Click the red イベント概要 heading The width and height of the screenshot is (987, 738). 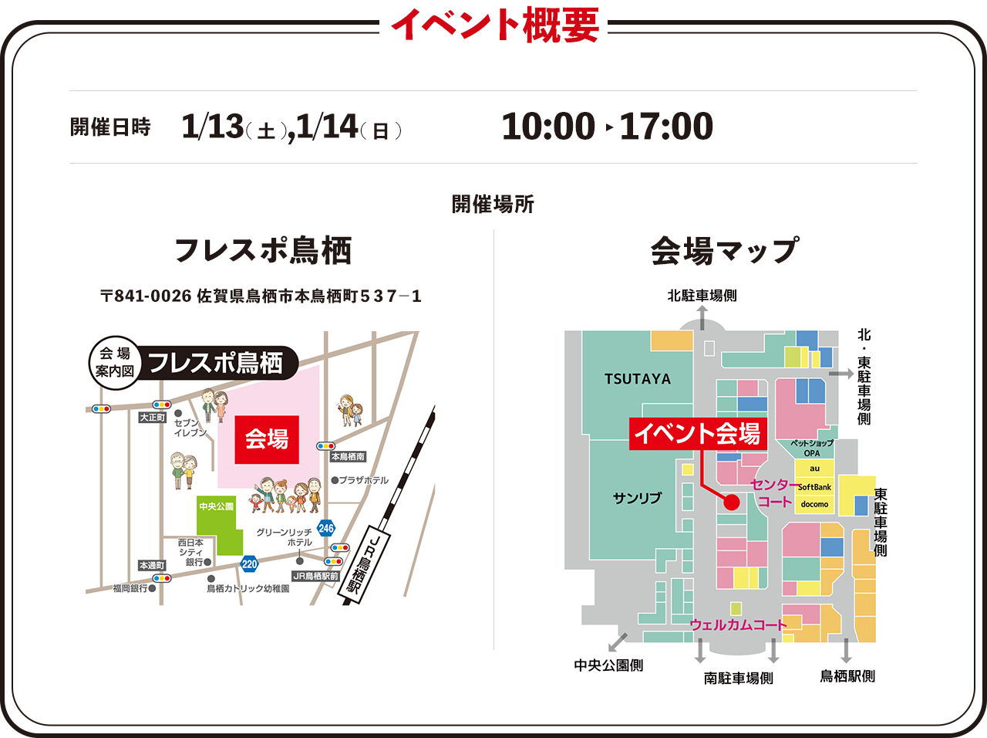pos(494,25)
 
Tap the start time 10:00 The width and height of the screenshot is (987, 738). pos(548,127)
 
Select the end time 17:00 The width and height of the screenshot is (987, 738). pos(666,127)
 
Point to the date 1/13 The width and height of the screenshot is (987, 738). pos(212,127)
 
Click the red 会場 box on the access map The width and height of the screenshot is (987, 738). pos(266,439)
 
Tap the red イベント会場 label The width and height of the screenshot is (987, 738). pos(697,433)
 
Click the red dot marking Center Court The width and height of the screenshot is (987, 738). pos(732,503)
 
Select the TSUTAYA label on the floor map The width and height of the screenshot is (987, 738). pos(638,379)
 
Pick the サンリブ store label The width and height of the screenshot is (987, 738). pos(637,498)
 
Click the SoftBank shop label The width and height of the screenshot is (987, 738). pos(814,487)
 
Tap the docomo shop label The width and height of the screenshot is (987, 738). pos(814,504)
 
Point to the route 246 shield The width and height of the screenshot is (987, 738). pos(326,528)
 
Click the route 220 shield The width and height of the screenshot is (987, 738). pos(249,564)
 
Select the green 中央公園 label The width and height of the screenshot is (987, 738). pos(216,506)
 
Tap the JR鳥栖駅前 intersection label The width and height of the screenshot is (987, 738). pos(315,576)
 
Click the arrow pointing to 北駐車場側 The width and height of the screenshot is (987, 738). pos(702,317)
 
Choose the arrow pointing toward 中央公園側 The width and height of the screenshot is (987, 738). pos(617,642)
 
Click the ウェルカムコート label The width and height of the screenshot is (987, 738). pos(738,625)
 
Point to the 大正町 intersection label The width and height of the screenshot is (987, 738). pos(153,417)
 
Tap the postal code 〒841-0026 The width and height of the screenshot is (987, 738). pos(146,296)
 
